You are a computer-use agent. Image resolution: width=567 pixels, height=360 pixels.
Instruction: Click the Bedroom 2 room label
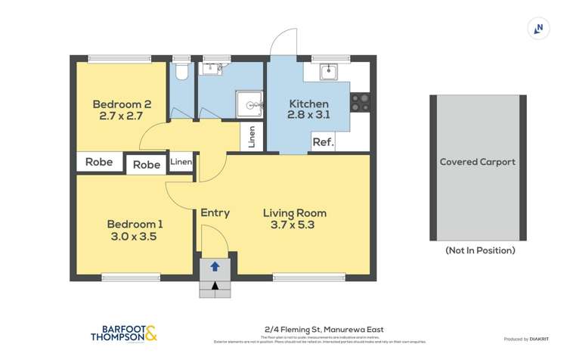point(122,104)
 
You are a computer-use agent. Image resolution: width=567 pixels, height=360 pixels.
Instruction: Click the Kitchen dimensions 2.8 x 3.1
point(308,116)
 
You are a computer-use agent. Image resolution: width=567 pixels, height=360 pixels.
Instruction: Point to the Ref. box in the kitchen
point(323,142)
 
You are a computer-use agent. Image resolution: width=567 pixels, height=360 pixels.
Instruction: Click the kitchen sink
point(328,72)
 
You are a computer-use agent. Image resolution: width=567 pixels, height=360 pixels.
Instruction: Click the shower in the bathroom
point(250,104)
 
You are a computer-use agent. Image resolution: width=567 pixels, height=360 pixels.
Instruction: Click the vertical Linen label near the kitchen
point(252,137)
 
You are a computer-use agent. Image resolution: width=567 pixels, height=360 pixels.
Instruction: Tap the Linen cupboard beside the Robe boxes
point(181,162)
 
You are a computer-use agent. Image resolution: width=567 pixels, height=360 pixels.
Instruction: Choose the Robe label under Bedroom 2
point(99,162)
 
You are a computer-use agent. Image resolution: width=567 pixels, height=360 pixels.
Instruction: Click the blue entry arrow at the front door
point(215,266)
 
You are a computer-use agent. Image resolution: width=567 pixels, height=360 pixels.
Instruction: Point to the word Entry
point(215,213)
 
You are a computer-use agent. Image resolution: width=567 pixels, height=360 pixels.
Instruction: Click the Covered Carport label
point(478,162)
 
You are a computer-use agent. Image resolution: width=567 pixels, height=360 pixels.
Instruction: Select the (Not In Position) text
point(480,250)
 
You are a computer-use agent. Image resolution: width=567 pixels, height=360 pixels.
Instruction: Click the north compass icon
point(538,29)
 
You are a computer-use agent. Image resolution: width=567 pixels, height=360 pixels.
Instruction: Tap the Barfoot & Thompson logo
point(124,334)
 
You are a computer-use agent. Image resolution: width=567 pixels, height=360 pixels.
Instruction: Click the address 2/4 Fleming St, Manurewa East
point(324,329)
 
